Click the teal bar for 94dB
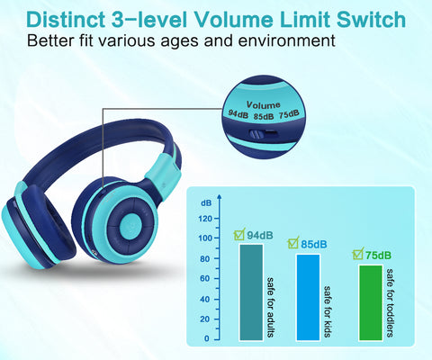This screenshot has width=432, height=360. click(x=251, y=292)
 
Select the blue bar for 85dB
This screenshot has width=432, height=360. click(x=308, y=297)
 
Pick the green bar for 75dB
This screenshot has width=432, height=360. click(x=370, y=302)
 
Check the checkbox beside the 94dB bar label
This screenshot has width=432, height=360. click(x=238, y=236)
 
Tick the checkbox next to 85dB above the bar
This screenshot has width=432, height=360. click(x=293, y=244)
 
